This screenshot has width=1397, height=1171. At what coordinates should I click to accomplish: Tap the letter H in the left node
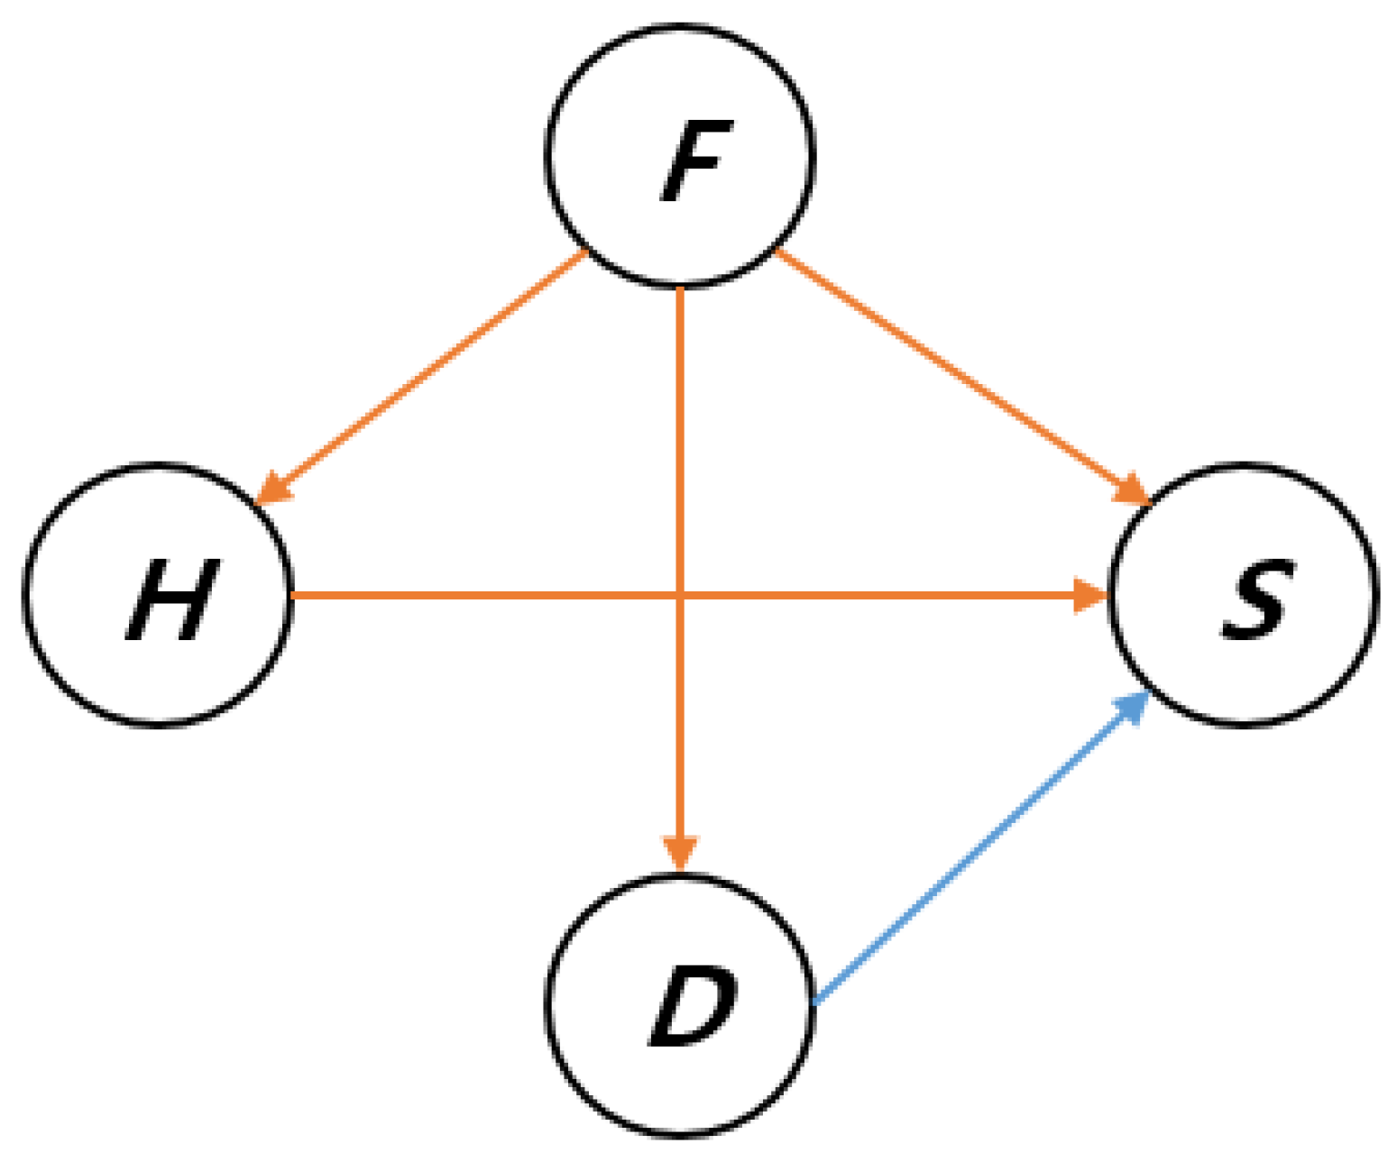(171, 599)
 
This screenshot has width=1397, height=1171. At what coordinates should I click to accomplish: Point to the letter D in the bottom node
(693, 1007)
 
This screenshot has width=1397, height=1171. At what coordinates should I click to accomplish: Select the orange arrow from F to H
(424, 374)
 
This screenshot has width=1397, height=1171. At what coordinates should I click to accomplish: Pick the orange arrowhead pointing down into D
(680, 853)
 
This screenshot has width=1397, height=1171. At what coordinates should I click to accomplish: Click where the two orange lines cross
(680, 595)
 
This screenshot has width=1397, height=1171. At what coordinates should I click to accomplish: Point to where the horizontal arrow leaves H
(293, 595)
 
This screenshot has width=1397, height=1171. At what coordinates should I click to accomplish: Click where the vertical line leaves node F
(680, 288)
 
